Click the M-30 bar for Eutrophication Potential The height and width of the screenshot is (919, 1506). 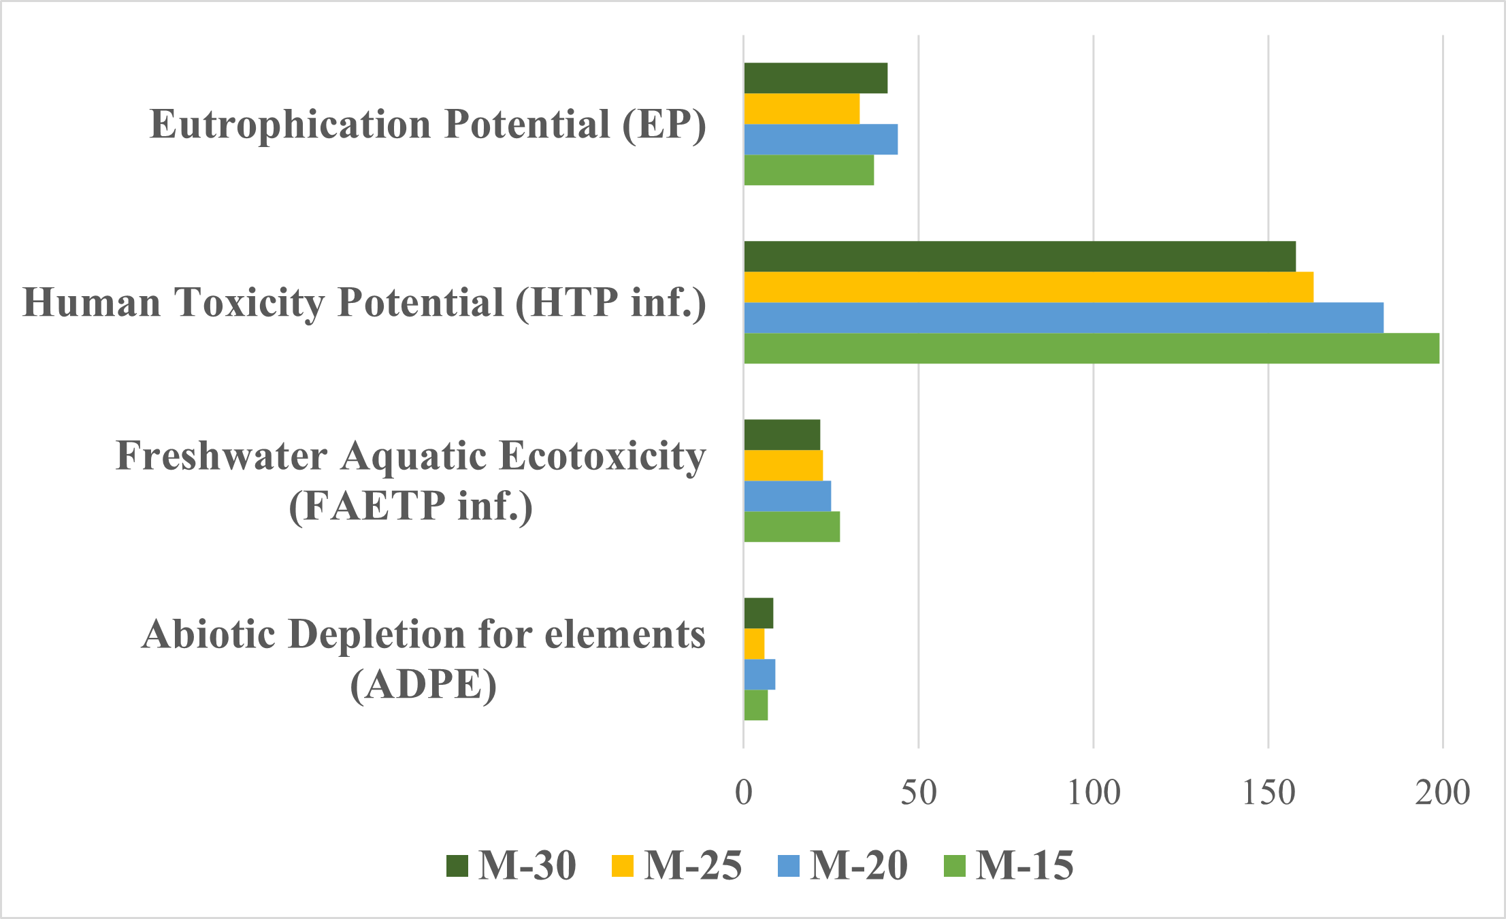pos(815,78)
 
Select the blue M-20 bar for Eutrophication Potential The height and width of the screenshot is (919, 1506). pos(821,139)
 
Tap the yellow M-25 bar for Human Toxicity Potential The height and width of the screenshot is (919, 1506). pos(1028,287)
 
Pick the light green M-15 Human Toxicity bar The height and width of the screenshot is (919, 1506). pos(1091,349)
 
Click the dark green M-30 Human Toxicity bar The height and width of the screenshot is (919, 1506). pos(1019,256)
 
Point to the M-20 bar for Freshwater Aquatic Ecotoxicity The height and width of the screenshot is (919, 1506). pos(787,496)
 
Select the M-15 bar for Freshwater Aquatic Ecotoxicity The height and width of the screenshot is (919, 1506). pos(791,527)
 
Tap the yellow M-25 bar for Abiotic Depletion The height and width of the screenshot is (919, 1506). pos(754,643)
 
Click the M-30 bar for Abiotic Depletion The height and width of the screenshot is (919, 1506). pos(758,613)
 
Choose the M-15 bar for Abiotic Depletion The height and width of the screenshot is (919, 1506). pos(755,705)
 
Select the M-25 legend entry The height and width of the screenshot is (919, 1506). pos(677,866)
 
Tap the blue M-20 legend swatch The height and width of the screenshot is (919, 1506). pos(787,866)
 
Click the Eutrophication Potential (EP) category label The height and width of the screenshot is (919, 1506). pos(428,125)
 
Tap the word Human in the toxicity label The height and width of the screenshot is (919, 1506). pos(92,302)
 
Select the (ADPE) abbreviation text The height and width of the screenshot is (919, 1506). pos(423,684)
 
